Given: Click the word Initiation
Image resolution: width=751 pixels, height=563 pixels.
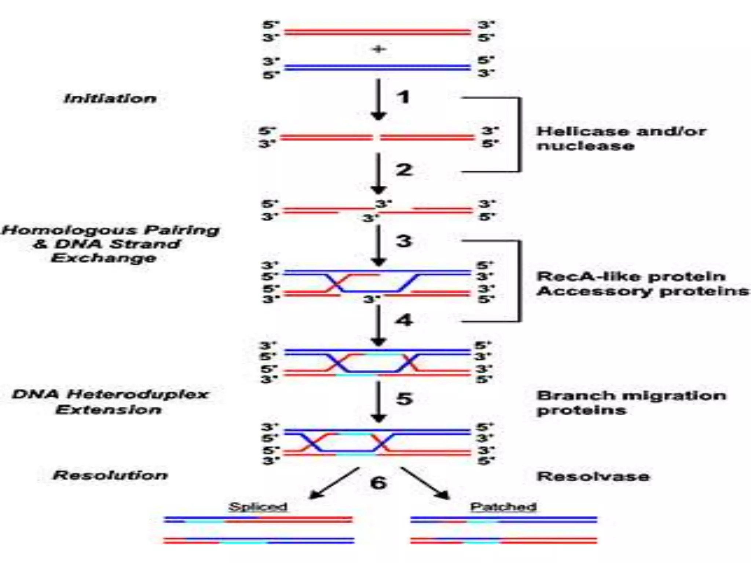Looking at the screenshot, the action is pyautogui.click(x=110, y=99).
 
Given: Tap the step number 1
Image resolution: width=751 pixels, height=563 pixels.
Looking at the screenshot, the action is pyautogui.click(x=403, y=97).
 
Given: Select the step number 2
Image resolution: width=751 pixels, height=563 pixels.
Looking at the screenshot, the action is pyautogui.click(x=404, y=170).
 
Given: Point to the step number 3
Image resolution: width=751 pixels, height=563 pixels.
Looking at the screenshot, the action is pyautogui.click(x=404, y=241).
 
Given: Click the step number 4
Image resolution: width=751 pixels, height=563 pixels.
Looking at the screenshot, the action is pyautogui.click(x=404, y=320).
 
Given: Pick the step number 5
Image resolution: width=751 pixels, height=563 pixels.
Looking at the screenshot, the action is pyautogui.click(x=404, y=398).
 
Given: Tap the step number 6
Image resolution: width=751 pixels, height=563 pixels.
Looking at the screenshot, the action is pyautogui.click(x=378, y=482).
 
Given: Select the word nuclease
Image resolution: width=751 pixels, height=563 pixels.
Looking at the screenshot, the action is pyautogui.click(x=585, y=146).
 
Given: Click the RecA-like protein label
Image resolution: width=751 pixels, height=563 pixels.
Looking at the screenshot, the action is pyautogui.click(x=631, y=276).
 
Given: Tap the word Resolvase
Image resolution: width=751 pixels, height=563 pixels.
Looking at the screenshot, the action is pyautogui.click(x=593, y=476).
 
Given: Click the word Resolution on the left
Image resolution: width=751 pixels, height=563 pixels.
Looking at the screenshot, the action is pyautogui.click(x=110, y=475).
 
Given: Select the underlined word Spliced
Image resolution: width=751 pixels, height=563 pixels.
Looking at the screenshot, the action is pyautogui.click(x=258, y=507).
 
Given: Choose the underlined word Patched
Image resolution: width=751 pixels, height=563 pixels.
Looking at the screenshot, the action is pyautogui.click(x=503, y=507).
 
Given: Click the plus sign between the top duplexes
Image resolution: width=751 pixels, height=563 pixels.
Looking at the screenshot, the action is pyautogui.click(x=379, y=49).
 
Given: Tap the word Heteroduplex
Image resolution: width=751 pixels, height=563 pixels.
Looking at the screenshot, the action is pyautogui.click(x=138, y=394).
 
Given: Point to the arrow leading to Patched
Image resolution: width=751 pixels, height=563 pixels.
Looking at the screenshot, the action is pyautogui.click(x=425, y=483).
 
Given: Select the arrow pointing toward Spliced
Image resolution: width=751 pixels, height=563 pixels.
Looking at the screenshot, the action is pyautogui.click(x=334, y=483).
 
